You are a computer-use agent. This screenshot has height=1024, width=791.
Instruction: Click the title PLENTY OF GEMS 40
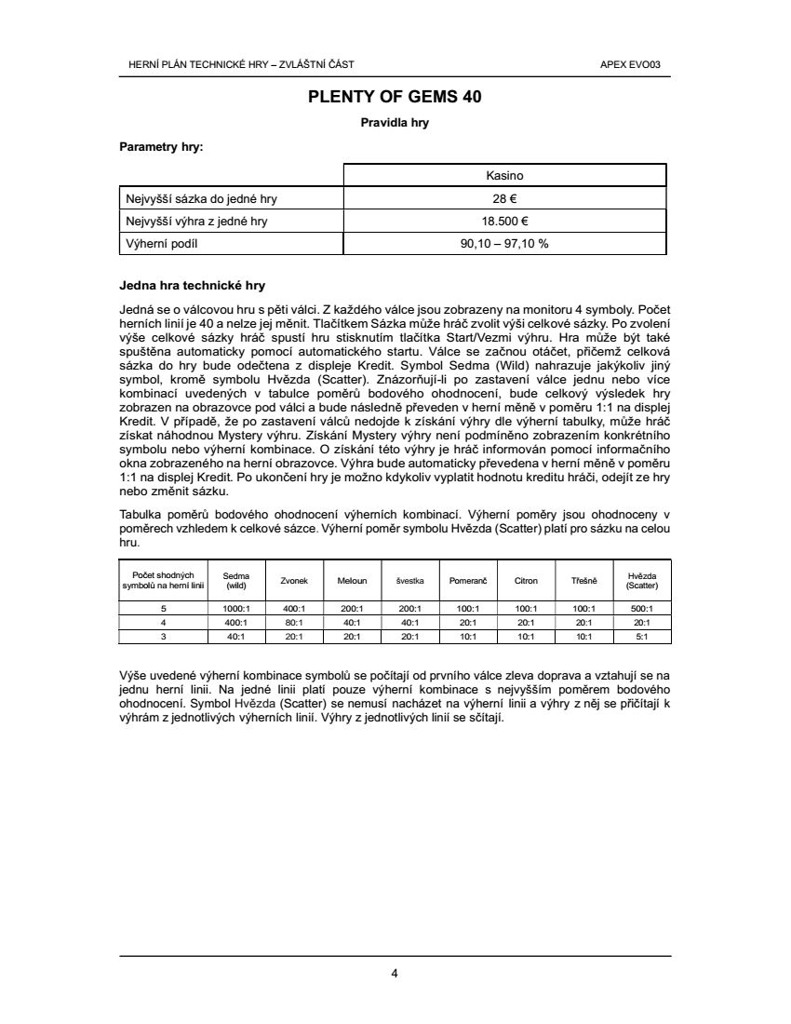click(395, 96)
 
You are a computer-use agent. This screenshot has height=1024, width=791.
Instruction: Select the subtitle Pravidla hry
click(395, 123)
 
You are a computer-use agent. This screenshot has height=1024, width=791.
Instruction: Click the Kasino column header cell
click(504, 175)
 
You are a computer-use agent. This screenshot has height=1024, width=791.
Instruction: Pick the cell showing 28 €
click(504, 198)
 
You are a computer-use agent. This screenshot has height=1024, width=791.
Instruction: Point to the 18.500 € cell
click(504, 221)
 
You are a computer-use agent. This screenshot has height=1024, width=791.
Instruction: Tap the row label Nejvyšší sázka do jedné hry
click(201, 198)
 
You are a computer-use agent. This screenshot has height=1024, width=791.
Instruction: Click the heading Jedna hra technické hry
click(193, 285)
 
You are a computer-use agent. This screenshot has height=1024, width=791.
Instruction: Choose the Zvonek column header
click(295, 580)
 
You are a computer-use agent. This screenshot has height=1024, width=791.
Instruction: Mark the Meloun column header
click(353, 580)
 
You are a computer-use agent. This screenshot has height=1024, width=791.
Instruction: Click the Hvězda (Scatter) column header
click(642, 580)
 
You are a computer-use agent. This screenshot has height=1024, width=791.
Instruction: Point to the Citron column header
click(526, 580)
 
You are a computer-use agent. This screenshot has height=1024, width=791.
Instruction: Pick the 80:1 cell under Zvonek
click(295, 622)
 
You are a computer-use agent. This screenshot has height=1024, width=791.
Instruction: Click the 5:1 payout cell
click(642, 636)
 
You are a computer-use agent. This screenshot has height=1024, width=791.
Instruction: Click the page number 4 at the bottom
click(395, 974)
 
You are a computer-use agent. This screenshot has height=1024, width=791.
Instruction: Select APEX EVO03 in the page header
click(637, 64)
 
